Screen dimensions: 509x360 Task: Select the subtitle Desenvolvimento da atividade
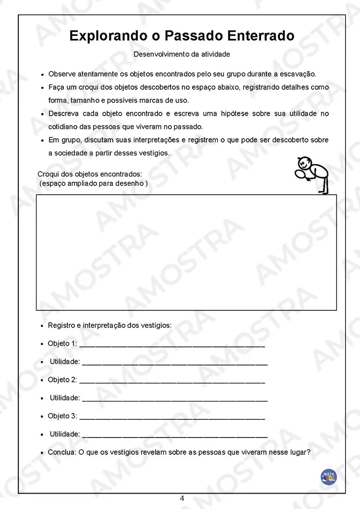pyautogui.click(x=181, y=54)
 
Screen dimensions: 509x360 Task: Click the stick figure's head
pyautogui.click(x=304, y=161)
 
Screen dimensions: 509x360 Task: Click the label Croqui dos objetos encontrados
pyautogui.click(x=90, y=174)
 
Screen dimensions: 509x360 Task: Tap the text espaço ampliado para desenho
pyautogui.click(x=93, y=183)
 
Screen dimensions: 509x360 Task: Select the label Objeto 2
pyautogui.click(x=62, y=380)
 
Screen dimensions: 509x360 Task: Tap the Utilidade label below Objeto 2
pyautogui.click(x=65, y=398)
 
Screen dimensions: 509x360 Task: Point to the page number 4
pyautogui.click(x=182, y=498)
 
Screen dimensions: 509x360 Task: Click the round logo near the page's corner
pyautogui.click(x=329, y=476)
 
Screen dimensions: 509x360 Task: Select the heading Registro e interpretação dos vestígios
pyautogui.click(x=109, y=325)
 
